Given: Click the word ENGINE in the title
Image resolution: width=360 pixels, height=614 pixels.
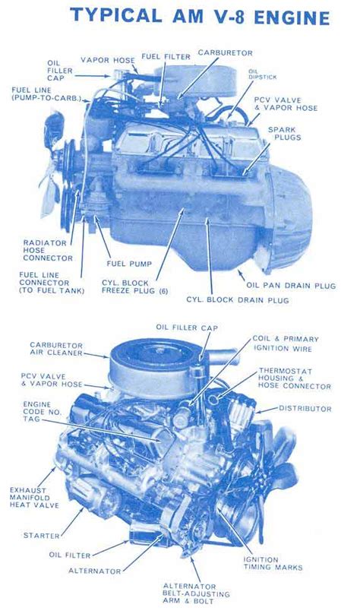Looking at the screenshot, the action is (x=292, y=17).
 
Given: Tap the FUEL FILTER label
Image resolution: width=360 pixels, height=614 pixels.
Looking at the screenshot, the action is (x=166, y=56).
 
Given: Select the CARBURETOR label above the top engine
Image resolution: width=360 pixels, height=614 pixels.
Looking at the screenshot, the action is (x=225, y=52).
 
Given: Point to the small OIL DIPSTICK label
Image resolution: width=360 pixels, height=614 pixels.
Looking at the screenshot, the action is (x=262, y=74).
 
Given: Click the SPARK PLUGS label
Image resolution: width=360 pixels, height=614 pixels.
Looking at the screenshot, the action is (x=285, y=134).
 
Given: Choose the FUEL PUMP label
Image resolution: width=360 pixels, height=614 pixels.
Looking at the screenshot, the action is (x=129, y=264).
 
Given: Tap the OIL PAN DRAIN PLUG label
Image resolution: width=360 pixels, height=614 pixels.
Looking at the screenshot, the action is (x=291, y=285).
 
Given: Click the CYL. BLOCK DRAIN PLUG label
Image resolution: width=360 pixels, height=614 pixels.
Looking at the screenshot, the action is (x=238, y=300).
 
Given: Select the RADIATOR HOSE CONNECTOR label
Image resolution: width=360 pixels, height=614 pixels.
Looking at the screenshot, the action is (x=48, y=251).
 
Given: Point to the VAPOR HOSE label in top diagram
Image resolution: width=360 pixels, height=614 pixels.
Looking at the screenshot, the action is (x=108, y=60).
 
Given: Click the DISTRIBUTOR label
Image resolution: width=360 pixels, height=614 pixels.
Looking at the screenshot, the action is (x=305, y=408).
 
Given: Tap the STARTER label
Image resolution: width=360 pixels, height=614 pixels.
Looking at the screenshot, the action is (x=42, y=535).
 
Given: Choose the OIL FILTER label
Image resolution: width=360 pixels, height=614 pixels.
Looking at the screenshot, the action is (x=70, y=555).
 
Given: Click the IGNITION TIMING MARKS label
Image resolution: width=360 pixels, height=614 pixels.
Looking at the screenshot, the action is (x=273, y=563).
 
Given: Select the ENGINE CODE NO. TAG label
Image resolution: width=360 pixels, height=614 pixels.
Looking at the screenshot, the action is (x=36, y=412).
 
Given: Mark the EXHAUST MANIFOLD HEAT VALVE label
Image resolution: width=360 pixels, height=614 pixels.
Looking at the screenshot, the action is (x=34, y=498).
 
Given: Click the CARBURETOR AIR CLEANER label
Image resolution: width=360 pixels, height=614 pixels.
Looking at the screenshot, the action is (x=56, y=349).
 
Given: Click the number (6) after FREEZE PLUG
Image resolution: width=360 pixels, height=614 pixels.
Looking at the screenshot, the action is (x=163, y=291).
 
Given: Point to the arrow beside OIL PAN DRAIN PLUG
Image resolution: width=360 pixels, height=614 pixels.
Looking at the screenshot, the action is (x=241, y=274).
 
